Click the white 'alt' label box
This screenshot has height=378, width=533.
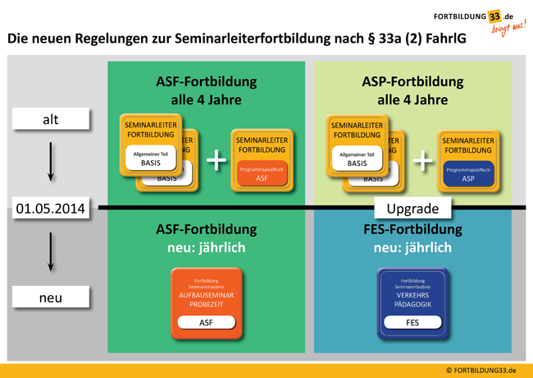tap(50, 120)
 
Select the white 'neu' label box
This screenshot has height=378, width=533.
tap(50, 297)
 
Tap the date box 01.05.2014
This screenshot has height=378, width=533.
tap(50, 209)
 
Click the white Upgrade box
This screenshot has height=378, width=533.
tap(412, 209)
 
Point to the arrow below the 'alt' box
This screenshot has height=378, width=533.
tap(51, 163)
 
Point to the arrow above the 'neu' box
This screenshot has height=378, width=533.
tap(51, 251)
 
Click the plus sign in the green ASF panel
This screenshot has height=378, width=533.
tap(216, 160)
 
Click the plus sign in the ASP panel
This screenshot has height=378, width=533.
tap(422, 160)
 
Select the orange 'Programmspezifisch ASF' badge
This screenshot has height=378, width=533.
tap(262, 173)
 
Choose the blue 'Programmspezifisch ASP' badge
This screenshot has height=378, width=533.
tap(467, 173)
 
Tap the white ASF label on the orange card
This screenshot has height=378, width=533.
tap(207, 323)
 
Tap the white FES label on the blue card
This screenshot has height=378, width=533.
tap(412, 323)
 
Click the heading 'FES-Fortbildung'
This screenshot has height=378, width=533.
tap(412, 229)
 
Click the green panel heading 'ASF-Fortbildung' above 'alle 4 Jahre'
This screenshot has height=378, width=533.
tap(207, 82)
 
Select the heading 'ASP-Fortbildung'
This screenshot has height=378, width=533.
tap(412, 82)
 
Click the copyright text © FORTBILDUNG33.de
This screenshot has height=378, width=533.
tap(481, 371)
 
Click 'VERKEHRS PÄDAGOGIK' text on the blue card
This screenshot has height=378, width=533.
tap(412, 300)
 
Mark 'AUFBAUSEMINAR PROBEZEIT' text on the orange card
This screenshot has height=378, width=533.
tap(207, 300)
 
